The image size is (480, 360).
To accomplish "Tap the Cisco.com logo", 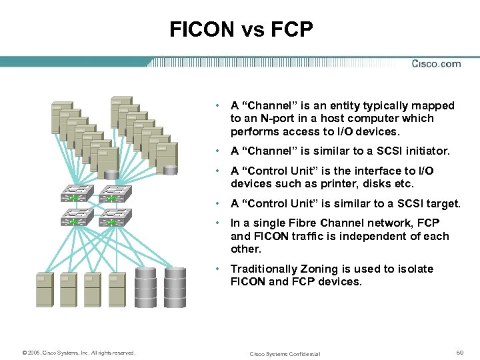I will [x=436, y=64].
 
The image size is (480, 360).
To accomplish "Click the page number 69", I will [x=459, y=351].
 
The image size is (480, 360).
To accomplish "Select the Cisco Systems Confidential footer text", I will [x=285, y=354].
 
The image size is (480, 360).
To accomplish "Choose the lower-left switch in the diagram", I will [x=76, y=217].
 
